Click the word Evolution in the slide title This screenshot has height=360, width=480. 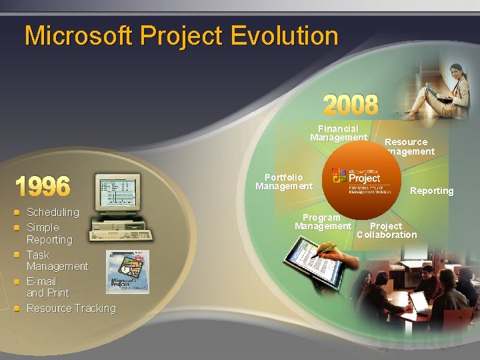click(285, 35)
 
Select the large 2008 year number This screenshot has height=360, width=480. click(351, 105)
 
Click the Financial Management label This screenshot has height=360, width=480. click(339, 133)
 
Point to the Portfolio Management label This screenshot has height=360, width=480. click(283, 181)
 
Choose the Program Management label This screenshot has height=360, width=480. click(323, 222)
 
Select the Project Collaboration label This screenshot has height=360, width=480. click(387, 230)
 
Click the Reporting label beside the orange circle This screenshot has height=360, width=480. click(431, 191)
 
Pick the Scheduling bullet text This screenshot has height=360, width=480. click(53, 212)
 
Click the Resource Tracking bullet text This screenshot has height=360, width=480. click(71, 308)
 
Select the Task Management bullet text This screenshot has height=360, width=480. click(57, 260)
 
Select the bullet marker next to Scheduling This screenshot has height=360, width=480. click(17, 213)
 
